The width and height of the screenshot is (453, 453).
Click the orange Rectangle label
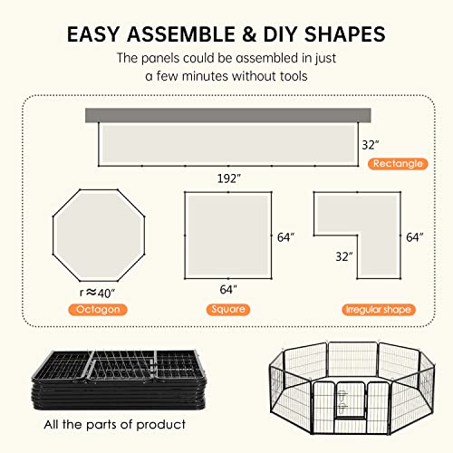(398, 164)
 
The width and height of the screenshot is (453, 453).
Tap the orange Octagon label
(98, 310)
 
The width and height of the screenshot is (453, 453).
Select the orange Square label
(228, 310)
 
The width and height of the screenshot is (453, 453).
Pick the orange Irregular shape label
(379, 310)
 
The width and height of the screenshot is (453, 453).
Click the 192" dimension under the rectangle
(229, 178)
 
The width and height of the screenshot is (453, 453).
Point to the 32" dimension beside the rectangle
(371, 145)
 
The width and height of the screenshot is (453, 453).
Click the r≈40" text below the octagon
(97, 293)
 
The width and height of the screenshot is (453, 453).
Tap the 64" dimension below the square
(228, 290)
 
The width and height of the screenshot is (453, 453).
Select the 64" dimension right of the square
(285, 237)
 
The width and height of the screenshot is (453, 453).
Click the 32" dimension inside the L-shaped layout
(344, 256)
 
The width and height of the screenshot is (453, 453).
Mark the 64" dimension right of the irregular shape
(415, 237)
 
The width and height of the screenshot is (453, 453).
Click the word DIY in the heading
(282, 34)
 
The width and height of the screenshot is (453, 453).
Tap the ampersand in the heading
(249, 34)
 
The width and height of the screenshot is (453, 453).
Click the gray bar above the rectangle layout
(228, 115)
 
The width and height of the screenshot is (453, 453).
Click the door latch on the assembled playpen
(342, 401)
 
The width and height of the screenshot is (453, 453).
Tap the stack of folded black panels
(120, 380)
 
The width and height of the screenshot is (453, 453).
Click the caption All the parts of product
(115, 425)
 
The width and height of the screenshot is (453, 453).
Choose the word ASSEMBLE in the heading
(181, 34)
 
